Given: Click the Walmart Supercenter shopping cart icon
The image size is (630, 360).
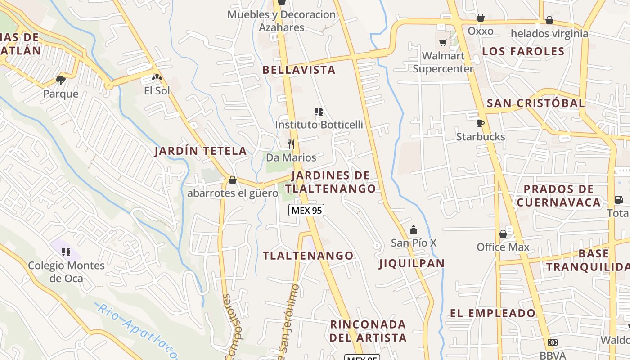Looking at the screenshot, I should click(x=443, y=43).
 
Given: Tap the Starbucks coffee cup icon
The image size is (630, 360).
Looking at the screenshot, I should click(x=481, y=123).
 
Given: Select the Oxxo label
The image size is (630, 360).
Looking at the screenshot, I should click(x=481, y=31).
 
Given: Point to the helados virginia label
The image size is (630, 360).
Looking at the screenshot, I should click(x=549, y=33).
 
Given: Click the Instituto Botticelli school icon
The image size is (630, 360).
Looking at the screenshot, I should click(x=319, y=111).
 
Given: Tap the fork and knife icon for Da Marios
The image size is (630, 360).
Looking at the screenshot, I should click(x=291, y=144).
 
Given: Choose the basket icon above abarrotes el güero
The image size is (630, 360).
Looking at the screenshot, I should click(x=233, y=180).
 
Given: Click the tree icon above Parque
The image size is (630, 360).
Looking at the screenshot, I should click(x=61, y=81).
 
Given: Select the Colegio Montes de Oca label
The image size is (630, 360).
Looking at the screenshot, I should click(x=66, y=272).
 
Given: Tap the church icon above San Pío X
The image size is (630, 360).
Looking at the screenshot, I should click(x=414, y=230).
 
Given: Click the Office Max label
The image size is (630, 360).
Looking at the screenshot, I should click(x=503, y=247).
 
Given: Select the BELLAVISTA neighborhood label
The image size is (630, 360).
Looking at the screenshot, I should click(x=299, y=70).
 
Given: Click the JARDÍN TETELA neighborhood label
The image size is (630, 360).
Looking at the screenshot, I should click(x=201, y=151).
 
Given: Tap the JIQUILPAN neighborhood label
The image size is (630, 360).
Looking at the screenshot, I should click(x=412, y=263).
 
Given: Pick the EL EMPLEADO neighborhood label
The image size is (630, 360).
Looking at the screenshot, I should click(x=493, y=313).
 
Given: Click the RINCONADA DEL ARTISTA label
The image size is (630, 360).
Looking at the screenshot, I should click(x=368, y=331).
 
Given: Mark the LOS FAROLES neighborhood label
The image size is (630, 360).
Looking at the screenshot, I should click(x=523, y=51).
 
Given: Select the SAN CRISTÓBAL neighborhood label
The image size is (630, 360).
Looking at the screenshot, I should click(x=535, y=103).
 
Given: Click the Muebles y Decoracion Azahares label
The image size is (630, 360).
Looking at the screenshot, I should click(x=282, y=21).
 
